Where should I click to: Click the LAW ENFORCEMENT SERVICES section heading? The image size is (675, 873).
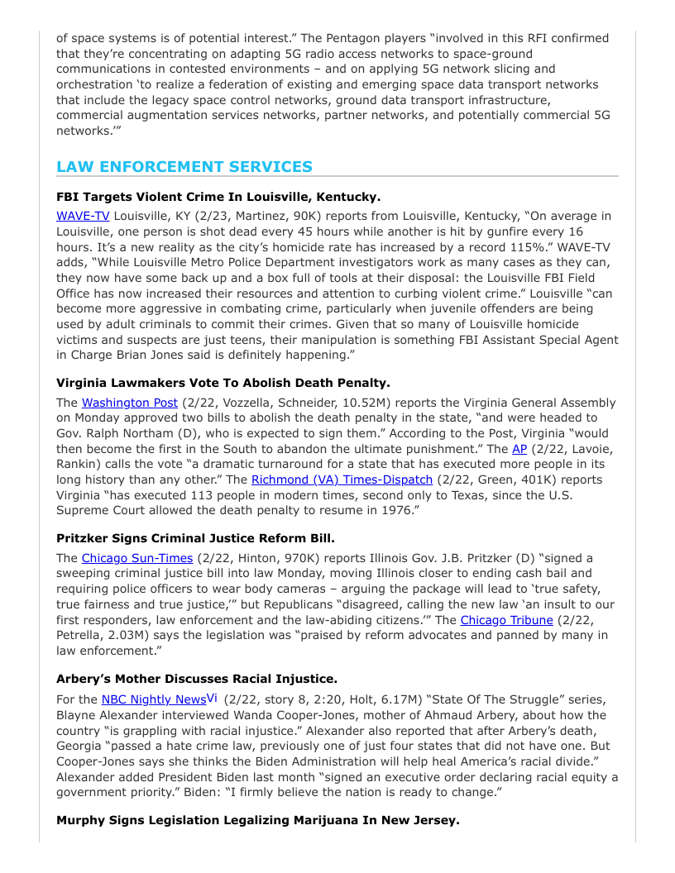point(184,167)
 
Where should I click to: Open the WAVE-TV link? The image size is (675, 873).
point(83,217)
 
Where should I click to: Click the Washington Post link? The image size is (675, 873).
point(129,403)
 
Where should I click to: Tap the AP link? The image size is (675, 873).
point(519,449)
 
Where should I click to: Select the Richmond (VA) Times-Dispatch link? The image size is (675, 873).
point(342,479)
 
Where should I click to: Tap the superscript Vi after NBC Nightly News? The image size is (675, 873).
point(213,698)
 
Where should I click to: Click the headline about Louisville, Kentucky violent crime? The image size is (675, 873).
point(218,198)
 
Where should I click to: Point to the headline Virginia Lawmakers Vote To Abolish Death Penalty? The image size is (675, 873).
point(223,383)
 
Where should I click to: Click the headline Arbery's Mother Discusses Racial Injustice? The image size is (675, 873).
point(197,679)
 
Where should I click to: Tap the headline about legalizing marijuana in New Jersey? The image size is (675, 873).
point(257,820)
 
